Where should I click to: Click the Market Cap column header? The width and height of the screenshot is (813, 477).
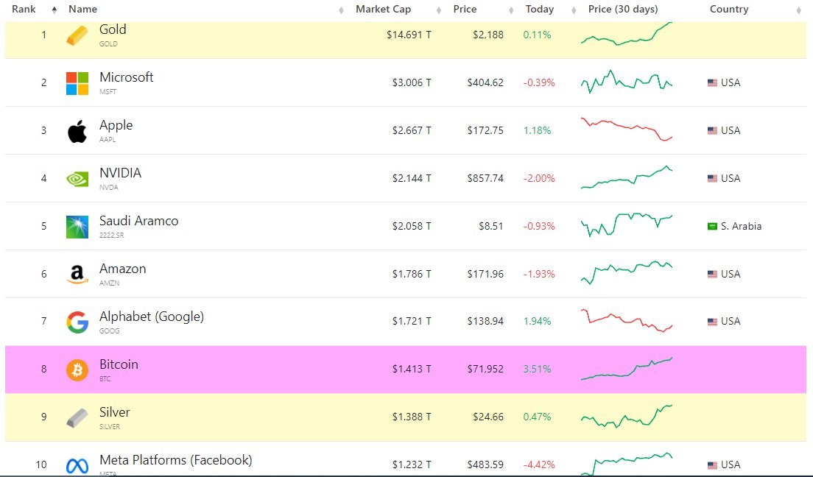pos(383,10)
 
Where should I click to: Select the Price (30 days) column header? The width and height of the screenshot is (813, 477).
pos(623,10)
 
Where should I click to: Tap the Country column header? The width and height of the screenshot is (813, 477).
pos(728,10)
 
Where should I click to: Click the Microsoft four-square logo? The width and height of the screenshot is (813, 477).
pos(77,83)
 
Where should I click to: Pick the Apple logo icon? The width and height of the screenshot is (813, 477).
pos(77,131)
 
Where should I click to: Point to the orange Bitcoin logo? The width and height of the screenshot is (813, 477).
pos(77,370)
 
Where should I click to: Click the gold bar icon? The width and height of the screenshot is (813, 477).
pos(77,35)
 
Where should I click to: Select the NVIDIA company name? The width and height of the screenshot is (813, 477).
pos(120,173)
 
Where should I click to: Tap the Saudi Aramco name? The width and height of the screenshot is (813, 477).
pos(138,221)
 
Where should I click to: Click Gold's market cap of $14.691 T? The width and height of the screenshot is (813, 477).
pos(409,35)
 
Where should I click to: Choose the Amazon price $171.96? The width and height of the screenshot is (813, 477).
pos(485,274)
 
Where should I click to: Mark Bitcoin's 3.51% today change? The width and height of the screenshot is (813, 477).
pos(537,369)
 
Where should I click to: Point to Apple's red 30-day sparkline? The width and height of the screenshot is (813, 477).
pos(626,129)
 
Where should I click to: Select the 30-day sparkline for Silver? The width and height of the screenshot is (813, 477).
pos(626,416)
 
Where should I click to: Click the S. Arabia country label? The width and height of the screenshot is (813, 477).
pos(741,226)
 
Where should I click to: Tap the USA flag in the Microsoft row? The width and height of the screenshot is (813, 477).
pos(712,83)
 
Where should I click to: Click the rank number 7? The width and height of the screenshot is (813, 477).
pos(43,321)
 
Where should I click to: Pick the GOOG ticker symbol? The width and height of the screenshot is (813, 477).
pos(109,331)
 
